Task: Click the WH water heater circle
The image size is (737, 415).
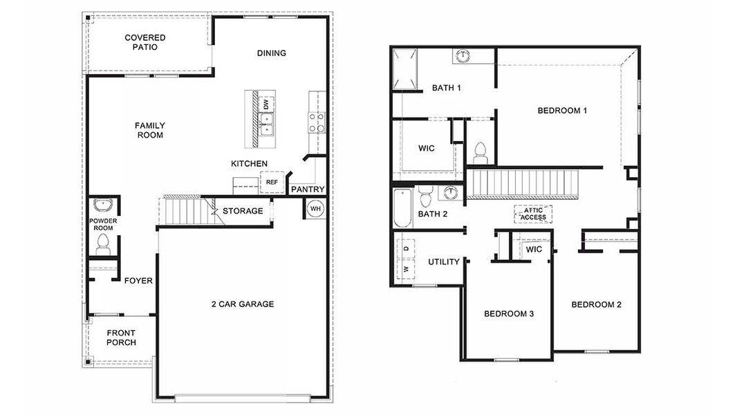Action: coord(315,209)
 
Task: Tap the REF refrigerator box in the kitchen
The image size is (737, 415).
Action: coord(270,183)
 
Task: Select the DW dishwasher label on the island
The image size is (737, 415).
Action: coord(265,104)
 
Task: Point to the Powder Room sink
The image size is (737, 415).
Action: coord(102,206)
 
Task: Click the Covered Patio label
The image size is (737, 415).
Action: coord(144,42)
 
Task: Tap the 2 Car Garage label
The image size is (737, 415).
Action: coord(243,304)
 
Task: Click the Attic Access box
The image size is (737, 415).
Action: coord(533,214)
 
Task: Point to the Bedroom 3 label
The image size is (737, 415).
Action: coord(508,314)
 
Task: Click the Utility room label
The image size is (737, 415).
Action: coord(444,262)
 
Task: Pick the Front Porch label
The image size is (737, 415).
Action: coord(121,338)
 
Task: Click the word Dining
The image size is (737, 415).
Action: coord(271,53)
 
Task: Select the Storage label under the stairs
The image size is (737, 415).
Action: coord(242,211)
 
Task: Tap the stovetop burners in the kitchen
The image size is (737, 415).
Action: coord(316,122)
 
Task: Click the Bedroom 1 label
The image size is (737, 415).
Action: coord(562,110)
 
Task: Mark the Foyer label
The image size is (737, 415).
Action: coord(138,281)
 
